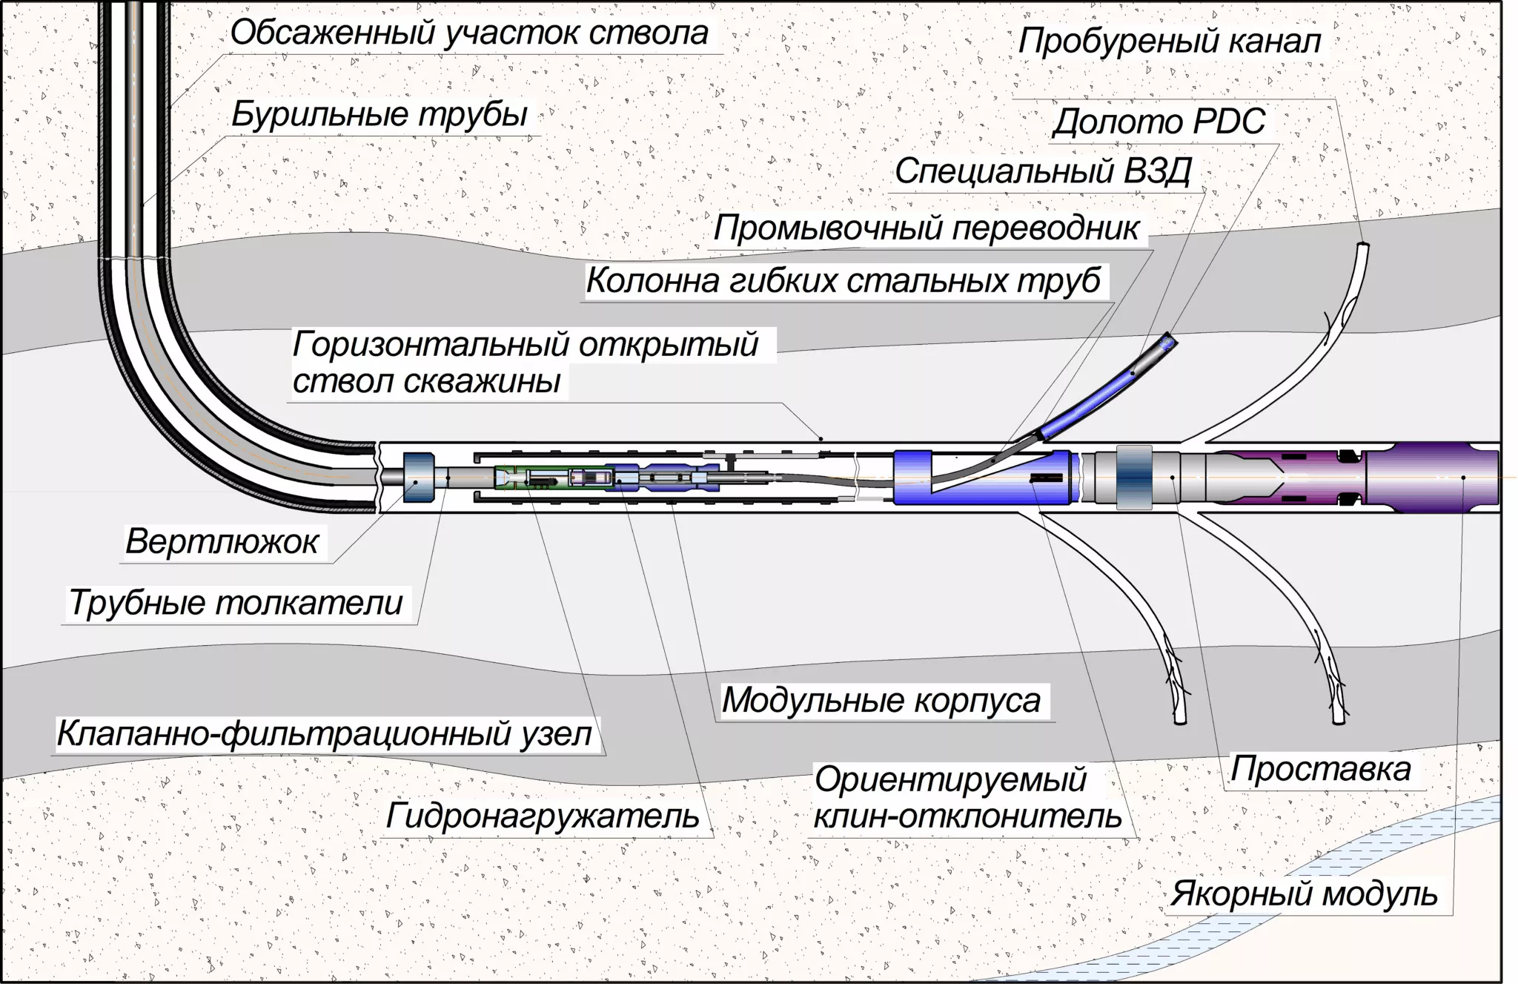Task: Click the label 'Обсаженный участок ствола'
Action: click(x=469, y=34)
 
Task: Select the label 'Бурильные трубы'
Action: click(x=379, y=115)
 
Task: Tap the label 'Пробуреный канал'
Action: click(x=1169, y=42)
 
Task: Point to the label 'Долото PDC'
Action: click(x=1159, y=122)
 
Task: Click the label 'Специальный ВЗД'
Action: click(x=1043, y=172)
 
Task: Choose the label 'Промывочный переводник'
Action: click(x=926, y=228)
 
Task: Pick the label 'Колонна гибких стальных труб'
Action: click(x=843, y=282)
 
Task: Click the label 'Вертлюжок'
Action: click(x=222, y=542)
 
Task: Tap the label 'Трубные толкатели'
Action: click(x=236, y=603)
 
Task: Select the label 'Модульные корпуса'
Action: click(x=881, y=701)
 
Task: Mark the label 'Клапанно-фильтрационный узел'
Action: click(x=325, y=734)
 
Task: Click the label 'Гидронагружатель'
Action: click(x=543, y=816)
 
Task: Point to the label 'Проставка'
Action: click(x=1320, y=770)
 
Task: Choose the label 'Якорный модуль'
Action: click(x=1304, y=894)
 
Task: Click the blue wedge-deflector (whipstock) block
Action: click(x=982, y=478)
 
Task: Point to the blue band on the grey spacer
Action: click(x=1133, y=478)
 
